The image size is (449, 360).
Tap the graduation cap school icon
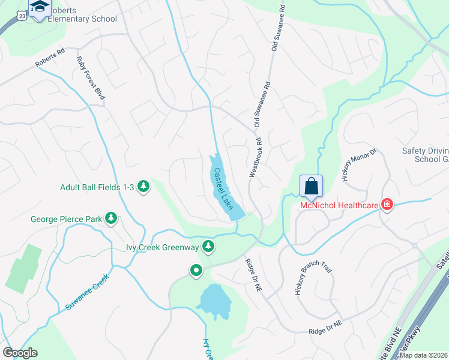40,7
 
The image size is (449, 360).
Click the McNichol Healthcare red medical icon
387,205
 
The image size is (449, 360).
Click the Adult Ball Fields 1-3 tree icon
143,187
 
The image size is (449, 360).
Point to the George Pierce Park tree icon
111,218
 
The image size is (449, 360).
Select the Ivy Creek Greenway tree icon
208,246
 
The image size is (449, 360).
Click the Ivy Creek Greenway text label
162,246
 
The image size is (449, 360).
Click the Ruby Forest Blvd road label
91,78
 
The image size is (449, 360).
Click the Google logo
20,353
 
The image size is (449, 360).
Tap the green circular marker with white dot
196,271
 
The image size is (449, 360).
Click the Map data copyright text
424,355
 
